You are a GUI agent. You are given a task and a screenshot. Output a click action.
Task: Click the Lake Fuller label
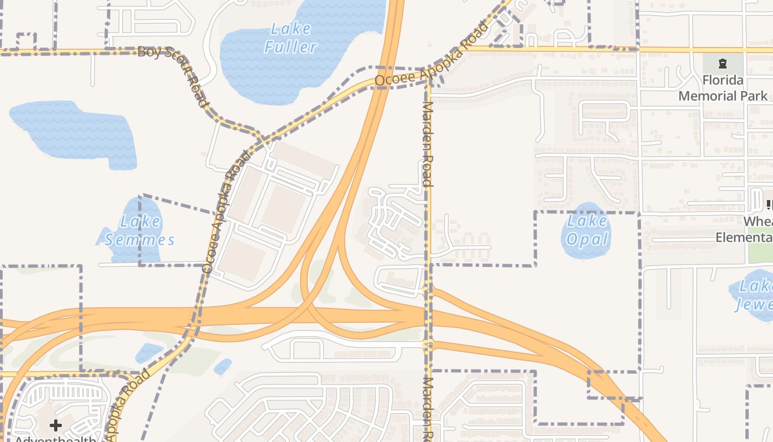tap(290, 38)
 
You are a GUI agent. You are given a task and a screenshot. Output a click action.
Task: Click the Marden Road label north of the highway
tap(427, 143)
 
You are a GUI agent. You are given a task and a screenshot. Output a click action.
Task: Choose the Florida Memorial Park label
tap(722, 88)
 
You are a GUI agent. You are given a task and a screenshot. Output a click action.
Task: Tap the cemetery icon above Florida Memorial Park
tap(722, 63)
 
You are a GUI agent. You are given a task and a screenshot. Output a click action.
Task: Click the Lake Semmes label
tap(140, 230)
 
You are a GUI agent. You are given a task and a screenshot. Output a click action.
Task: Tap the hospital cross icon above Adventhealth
tap(56, 425)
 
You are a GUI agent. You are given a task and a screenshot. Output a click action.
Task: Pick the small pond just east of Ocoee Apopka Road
tap(223, 366)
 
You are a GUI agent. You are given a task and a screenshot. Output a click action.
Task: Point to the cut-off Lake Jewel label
tap(755, 295)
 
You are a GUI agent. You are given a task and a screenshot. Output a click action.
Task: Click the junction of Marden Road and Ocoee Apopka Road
tap(429, 76)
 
